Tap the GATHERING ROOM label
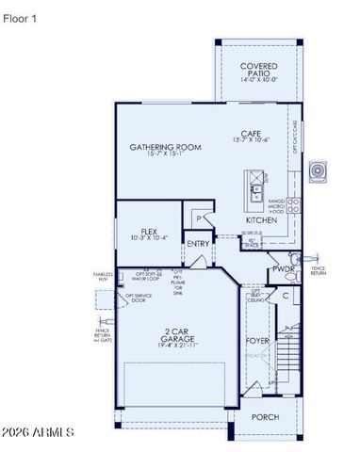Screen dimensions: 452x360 (x=166, y=147)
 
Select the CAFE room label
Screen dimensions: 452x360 (x=250, y=133)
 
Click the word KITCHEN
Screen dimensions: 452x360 (x=261, y=220)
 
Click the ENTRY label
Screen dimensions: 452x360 (x=199, y=243)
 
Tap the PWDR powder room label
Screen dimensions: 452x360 (x=284, y=268)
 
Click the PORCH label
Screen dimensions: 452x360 (x=265, y=416)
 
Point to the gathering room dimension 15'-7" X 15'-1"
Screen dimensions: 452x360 (x=166, y=156)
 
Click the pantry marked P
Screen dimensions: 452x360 (x=199, y=217)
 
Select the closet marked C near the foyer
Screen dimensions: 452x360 (x=286, y=296)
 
